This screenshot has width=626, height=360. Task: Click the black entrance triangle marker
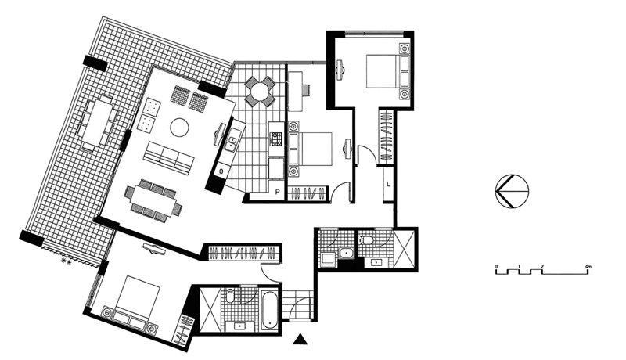click(x=300, y=339)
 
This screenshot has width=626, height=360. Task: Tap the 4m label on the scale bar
click(x=588, y=266)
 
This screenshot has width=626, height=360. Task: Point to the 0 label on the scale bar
click(x=496, y=266)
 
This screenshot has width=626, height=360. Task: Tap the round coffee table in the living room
click(x=180, y=127)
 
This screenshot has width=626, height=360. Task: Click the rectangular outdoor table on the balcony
click(x=98, y=123)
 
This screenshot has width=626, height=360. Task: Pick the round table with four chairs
click(x=260, y=91)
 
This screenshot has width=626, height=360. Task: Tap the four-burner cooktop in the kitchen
click(x=276, y=139)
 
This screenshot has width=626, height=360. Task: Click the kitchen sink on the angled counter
click(x=232, y=142)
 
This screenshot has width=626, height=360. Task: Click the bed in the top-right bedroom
click(x=387, y=72)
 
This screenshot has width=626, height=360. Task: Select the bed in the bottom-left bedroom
click(x=135, y=301)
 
